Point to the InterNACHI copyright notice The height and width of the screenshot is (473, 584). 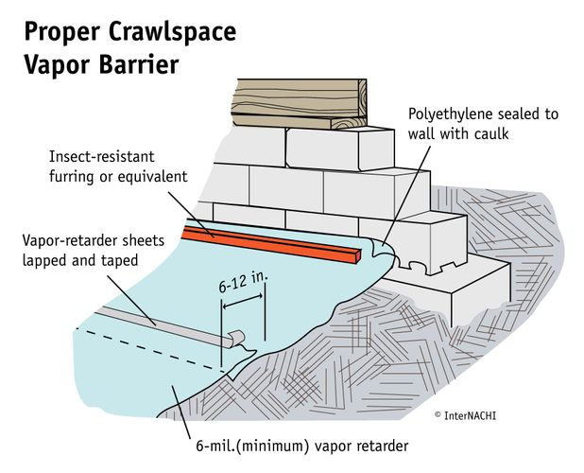click(x=473, y=415)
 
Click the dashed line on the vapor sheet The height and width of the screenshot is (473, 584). click(x=151, y=350)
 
